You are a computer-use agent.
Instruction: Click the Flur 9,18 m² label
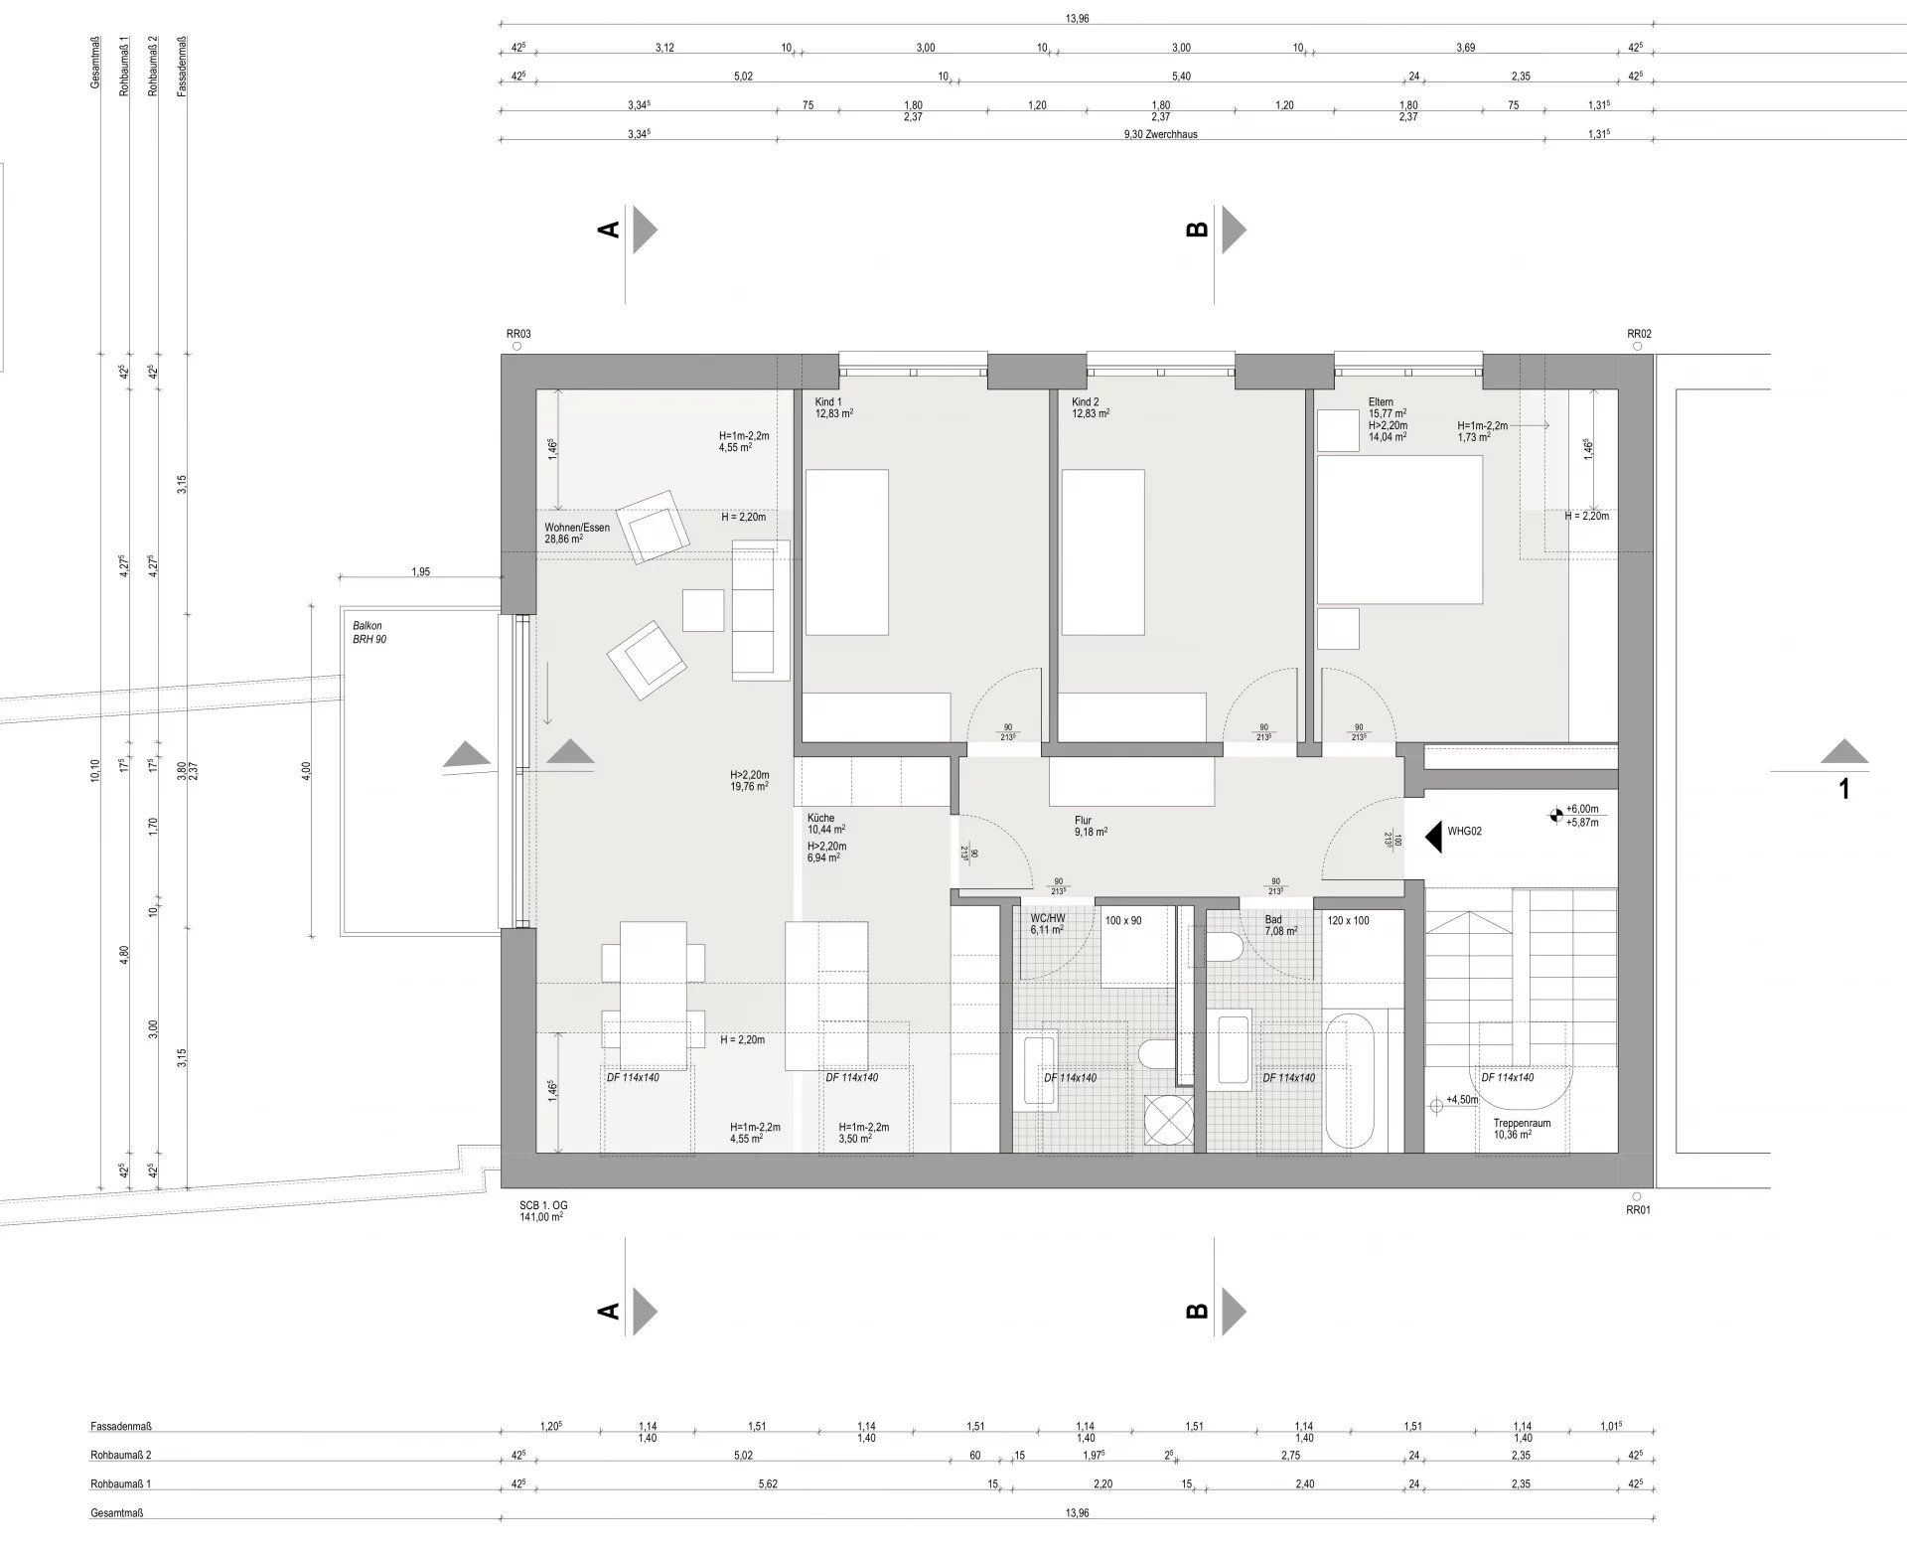coord(1091,827)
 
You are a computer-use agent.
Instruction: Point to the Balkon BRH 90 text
coord(369,633)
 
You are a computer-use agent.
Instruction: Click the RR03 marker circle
coord(515,347)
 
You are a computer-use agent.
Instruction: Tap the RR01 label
coord(1638,1210)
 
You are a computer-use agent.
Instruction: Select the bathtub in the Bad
coord(1350,1080)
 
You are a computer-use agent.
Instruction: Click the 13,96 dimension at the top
coord(1077,19)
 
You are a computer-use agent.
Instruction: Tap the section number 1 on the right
coord(1844,790)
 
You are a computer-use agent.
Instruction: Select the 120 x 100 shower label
coord(1348,921)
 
